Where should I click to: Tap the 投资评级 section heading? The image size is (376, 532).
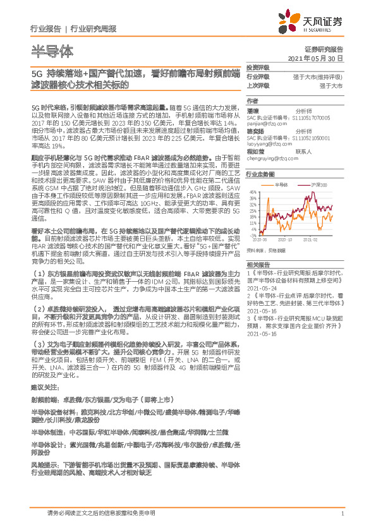[258, 68]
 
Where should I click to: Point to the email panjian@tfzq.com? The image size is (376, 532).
[264, 124]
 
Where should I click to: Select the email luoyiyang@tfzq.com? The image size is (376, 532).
[268, 143]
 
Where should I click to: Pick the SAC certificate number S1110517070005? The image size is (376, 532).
[317, 118]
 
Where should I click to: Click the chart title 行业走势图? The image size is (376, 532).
[260, 174]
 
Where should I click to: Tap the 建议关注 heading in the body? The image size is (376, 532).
[44, 386]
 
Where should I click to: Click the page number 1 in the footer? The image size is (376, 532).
[341, 514]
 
